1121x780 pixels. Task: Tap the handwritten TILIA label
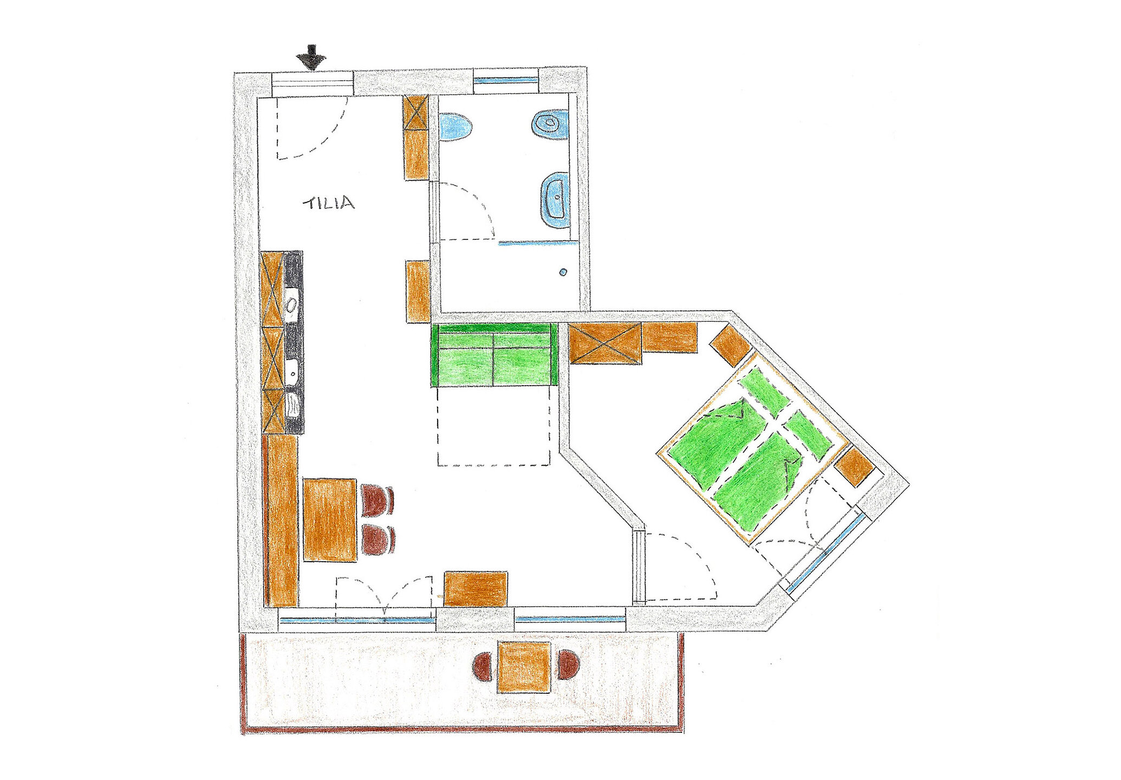click(329, 203)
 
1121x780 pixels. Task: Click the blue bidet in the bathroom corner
click(550, 124)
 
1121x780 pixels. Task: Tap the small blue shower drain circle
click(564, 272)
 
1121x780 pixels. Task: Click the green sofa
click(494, 355)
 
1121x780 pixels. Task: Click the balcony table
click(524, 667)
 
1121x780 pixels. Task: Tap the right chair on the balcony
click(568, 664)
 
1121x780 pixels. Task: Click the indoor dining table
click(330, 519)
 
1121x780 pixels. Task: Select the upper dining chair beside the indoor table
click(377, 500)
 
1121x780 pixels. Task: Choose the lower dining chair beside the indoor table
click(377, 539)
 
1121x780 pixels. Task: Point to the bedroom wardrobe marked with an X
click(605, 343)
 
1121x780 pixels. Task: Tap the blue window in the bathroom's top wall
click(506, 80)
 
